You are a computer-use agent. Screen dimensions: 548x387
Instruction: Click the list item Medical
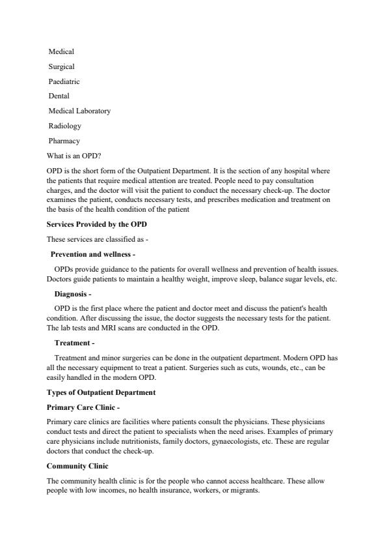[61, 51]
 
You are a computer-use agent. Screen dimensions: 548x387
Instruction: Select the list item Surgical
[62, 66]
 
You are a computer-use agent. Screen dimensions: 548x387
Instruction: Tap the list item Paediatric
[64, 81]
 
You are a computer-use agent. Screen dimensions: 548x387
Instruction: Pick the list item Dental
[59, 96]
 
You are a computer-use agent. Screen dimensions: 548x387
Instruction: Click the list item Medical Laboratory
[79, 111]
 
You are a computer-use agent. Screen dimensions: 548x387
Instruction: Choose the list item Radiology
[64, 126]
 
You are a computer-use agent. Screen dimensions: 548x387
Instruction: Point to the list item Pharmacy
[64, 141]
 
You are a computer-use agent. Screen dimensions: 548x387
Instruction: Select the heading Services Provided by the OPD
[97, 224]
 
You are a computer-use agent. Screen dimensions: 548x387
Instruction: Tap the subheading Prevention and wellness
[92, 254]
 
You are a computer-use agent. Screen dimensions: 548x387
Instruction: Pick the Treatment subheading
[74, 343]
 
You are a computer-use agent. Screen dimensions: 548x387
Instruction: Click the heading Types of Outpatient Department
[101, 392]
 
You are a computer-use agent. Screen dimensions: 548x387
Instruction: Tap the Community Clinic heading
[77, 466]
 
